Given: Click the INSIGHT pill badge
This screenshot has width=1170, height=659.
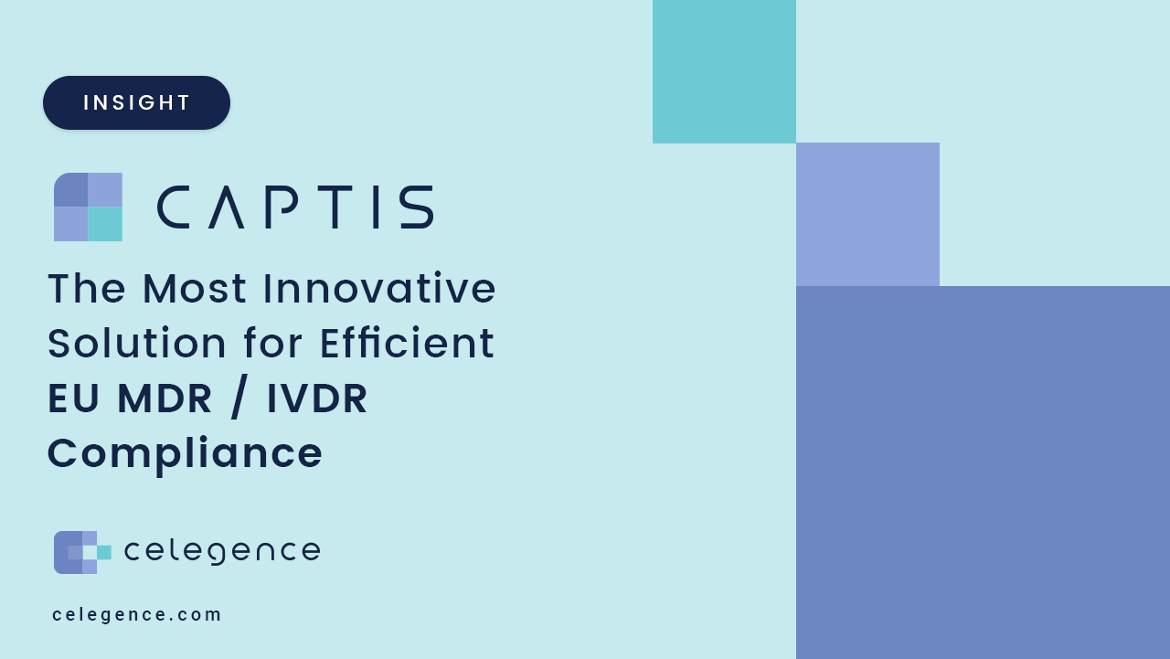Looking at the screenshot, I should [136, 102].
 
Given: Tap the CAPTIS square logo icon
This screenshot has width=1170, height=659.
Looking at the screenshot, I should [88, 207].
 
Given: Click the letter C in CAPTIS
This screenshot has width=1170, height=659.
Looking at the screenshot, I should [173, 207].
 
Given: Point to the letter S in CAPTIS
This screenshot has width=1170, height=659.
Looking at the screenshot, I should [417, 207].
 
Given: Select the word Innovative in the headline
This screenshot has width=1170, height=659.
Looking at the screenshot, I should [379, 288].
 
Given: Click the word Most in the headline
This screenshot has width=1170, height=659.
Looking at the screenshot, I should [195, 288].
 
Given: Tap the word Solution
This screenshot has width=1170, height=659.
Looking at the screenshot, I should [137, 344].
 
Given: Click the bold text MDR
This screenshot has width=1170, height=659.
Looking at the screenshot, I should [165, 399].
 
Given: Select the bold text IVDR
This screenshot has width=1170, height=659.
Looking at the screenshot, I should [317, 399].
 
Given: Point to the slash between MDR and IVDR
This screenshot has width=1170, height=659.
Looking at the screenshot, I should [239, 399].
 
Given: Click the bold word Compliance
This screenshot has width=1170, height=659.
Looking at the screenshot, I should [185, 453].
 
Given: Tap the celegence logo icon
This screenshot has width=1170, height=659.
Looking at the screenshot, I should [82, 552].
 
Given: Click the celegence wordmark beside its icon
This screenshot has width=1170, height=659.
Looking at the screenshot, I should [222, 551].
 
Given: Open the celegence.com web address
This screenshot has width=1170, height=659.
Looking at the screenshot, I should [137, 614].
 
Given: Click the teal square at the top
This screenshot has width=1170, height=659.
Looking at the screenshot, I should [724, 71].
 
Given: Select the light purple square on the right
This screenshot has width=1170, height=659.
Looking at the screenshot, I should [867, 214].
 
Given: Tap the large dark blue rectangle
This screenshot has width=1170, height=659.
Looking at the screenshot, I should [983, 472].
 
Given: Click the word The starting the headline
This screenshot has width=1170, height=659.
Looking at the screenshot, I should [87, 288].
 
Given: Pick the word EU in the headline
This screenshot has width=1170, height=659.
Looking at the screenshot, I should [73, 399].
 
